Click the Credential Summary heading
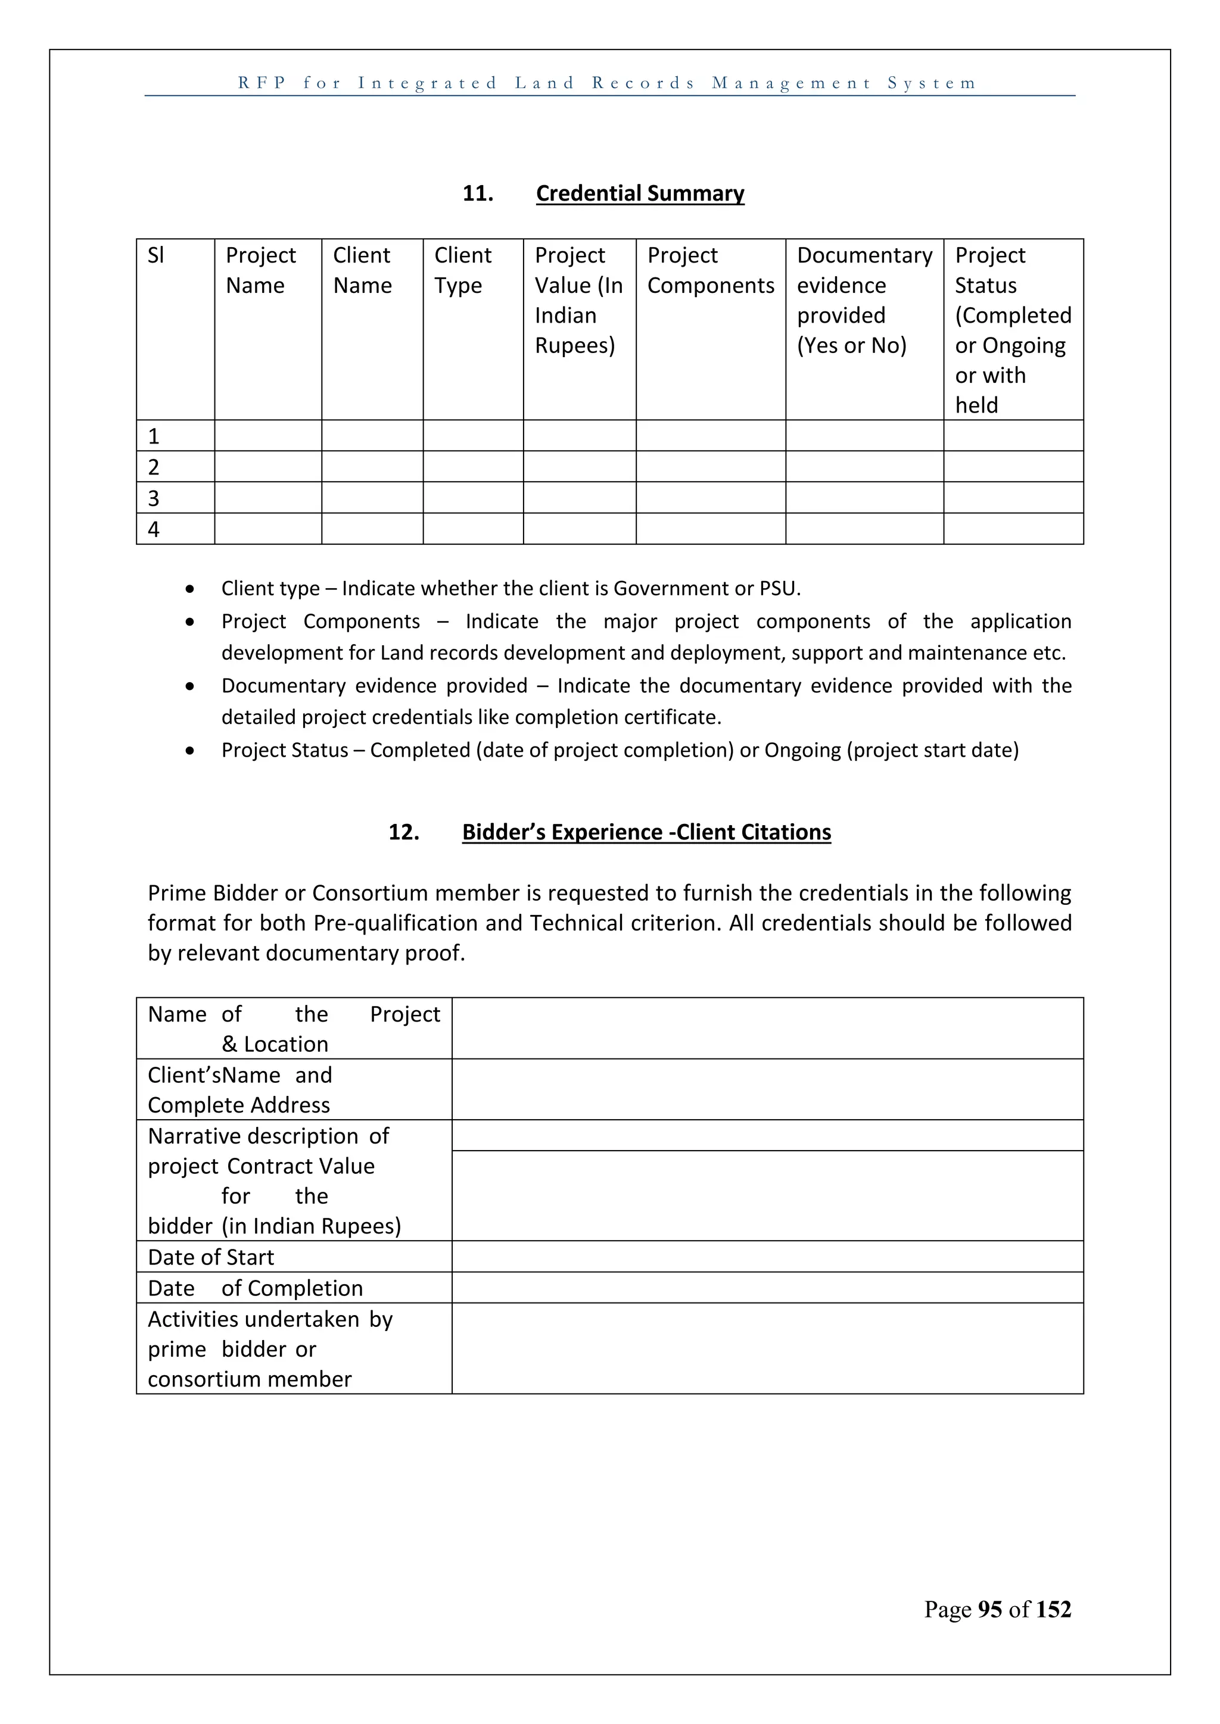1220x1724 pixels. tap(640, 193)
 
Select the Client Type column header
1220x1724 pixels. tap(462, 270)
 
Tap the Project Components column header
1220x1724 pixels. tap(710, 270)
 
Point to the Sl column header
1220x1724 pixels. tap(155, 255)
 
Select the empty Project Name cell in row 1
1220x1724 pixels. tap(267, 436)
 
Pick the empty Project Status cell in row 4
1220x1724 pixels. tap(1013, 529)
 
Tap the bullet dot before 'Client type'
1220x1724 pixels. tap(190, 589)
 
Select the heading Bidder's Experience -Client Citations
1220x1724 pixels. tap(646, 832)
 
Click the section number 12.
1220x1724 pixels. tap(403, 832)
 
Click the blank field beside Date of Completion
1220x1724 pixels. tap(767, 1288)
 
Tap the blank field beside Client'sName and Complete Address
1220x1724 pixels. tap(767, 1089)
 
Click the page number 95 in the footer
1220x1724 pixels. tap(989, 1609)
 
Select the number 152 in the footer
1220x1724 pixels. tap(1053, 1609)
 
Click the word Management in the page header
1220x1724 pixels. tap(791, 83)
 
